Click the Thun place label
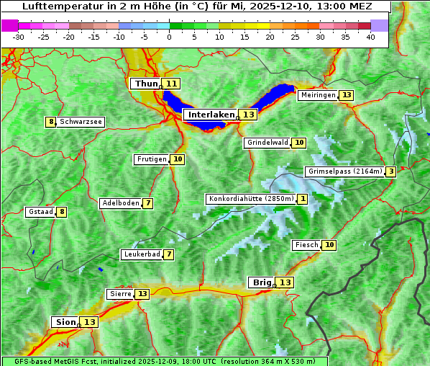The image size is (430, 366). [x=145, y=84]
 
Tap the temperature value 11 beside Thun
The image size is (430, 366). [x=171, y=84]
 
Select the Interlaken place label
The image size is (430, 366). [x=211, y=115]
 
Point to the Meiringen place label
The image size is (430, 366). [x=318, y=95]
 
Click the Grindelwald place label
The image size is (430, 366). [x=267, y=143]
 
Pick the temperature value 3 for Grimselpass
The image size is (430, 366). [x=390, y=171]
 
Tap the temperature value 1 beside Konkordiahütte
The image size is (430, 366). [x=303, y=199]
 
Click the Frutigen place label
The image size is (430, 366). [x=151, y=159]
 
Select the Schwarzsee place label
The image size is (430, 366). [x=81, y=122]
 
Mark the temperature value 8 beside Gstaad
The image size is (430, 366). [x=62, y=212]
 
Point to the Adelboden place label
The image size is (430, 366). [x=120, y=203]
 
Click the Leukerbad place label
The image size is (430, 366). [x=141, y=254]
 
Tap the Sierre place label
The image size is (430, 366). [x=119, y=294]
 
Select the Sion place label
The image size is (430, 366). [x=64, y=322]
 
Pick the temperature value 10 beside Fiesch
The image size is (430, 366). [x=329, y=245]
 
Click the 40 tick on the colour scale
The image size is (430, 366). [x=370, y=37]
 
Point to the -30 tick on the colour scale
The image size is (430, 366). [x=19, y=37]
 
